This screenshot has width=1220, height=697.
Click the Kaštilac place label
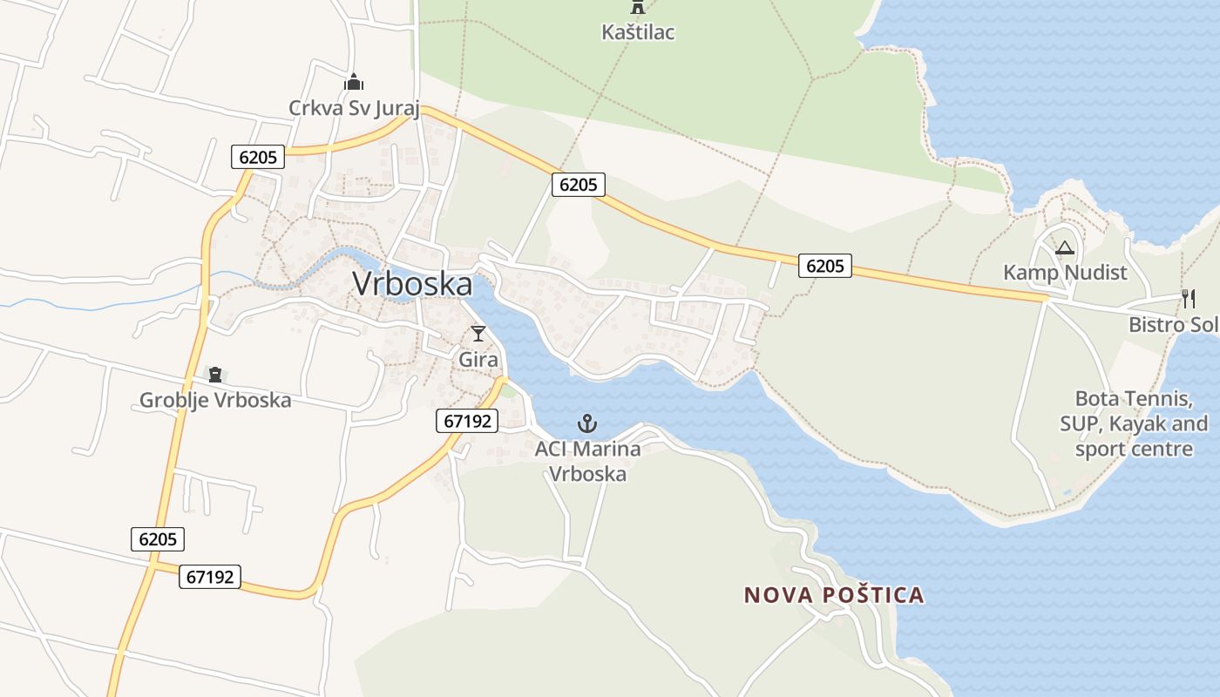638,32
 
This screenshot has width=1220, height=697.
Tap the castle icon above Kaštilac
638,7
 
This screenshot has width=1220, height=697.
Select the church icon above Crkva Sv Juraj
354,83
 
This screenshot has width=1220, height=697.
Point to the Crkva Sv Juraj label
355,109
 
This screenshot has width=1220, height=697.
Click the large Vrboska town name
412,284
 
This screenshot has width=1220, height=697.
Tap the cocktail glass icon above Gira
478,333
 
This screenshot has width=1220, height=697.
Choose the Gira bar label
478,359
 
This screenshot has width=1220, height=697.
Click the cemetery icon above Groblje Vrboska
214,375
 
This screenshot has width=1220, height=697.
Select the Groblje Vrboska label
215,401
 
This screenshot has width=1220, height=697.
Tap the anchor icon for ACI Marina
587,424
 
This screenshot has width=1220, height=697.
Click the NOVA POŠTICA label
833,595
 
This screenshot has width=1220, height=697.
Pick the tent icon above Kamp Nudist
1064,248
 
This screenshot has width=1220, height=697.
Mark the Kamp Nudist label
1065,273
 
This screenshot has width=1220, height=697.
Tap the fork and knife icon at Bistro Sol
1189,299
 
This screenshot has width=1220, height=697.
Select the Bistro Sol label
1173,325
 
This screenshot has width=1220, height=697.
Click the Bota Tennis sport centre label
1133,424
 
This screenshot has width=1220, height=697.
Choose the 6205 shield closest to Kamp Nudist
824,266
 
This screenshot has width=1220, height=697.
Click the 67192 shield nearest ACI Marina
466,422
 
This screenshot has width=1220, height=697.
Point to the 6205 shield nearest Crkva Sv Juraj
259,157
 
